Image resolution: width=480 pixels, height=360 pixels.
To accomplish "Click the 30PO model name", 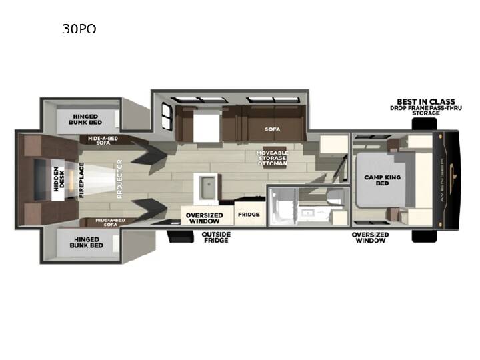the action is coord(79,29).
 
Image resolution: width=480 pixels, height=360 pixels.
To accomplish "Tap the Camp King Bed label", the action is coord(383,180).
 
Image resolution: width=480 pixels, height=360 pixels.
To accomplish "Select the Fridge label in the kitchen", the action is coord(249,214).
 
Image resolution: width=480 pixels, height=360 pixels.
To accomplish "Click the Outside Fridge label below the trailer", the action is coord(216,237).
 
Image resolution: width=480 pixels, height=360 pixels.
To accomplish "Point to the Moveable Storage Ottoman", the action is coord(272,158).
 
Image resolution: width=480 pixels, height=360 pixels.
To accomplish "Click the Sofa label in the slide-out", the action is coord(272,129).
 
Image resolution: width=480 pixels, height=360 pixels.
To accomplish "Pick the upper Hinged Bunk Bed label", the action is coord(85,119).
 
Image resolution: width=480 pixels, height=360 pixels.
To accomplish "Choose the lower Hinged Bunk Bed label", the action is coord(86,243).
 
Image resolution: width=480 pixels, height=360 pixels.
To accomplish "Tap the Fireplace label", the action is coord(81,180).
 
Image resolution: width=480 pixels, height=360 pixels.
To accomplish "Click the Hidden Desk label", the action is coord(59,179).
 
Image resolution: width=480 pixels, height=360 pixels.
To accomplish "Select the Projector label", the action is coord(119,179).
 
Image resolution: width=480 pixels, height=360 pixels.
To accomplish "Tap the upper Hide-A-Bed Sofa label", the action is coord(103,141).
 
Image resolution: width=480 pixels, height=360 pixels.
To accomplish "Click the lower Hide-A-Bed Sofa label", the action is coord(110,222).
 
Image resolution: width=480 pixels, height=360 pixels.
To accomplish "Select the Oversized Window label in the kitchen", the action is coord(204,218).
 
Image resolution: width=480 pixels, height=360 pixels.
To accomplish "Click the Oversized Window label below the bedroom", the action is coord(370,237).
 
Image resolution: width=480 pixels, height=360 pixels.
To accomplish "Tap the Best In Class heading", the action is coord(426,101).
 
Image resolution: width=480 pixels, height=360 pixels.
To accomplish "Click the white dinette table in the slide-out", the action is coord(207,126).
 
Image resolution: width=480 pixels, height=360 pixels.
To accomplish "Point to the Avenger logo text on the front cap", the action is coord(442,180).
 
